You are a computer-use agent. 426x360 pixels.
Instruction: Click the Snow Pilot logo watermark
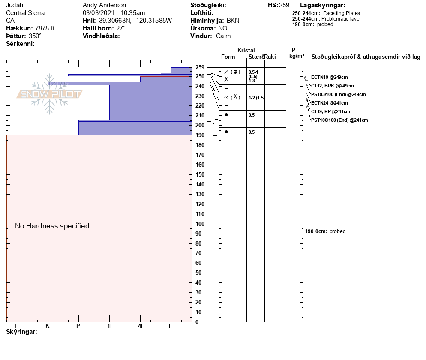50,94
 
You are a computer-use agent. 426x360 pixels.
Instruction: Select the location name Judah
15,5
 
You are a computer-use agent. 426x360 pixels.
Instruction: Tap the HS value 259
284,5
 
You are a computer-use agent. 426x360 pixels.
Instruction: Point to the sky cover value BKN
233,21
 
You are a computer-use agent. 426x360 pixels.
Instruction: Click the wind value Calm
223,36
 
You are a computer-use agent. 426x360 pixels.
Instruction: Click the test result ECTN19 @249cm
329,77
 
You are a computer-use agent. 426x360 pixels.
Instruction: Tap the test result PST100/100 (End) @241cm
339,120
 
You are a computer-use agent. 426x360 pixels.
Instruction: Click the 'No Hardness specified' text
52,226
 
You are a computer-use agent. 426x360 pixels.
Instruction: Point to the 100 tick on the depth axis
199,224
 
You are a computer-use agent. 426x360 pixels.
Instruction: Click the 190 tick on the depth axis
199,135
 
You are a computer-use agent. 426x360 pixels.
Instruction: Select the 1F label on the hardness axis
110,326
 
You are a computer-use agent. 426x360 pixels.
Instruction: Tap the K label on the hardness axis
48,326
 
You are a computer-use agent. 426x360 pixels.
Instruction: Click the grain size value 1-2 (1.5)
256,98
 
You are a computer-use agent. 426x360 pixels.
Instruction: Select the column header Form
228,57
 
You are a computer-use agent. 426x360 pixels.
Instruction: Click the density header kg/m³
297,56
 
